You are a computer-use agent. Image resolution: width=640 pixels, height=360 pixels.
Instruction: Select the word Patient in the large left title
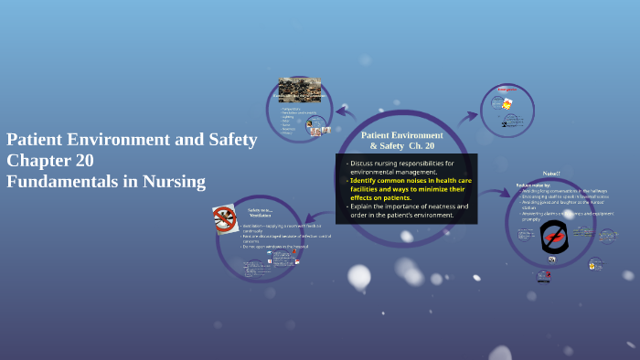pos(37,140)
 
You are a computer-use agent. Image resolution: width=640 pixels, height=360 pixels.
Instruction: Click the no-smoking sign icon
pos(224,218)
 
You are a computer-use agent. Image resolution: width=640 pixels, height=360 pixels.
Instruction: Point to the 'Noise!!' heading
pos(551,173)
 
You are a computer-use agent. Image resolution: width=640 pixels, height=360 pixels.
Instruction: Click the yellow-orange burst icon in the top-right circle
pos(507,104)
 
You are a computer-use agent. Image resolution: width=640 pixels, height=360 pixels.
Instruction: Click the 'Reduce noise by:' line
pos(534,185)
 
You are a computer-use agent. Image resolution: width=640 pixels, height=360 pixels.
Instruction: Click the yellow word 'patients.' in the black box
pos(393,197)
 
